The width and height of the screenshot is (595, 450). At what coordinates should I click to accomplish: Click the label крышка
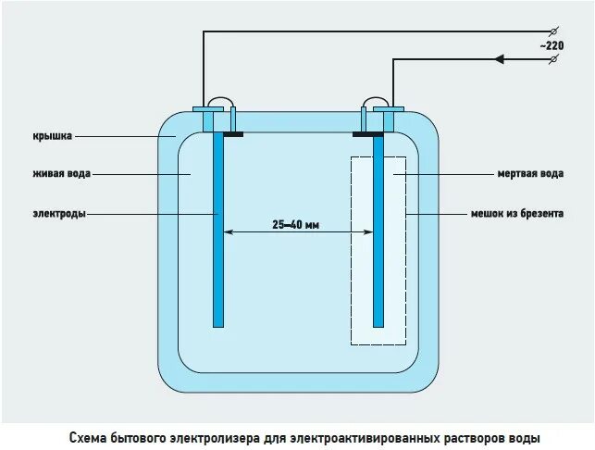52,136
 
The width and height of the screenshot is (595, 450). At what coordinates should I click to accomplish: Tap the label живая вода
62,173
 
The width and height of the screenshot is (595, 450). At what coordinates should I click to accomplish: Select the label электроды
57,214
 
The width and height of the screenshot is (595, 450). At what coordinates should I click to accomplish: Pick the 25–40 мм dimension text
296,223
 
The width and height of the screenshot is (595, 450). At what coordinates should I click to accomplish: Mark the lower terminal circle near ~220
553,59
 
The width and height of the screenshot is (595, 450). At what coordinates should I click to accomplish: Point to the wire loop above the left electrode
220,101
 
